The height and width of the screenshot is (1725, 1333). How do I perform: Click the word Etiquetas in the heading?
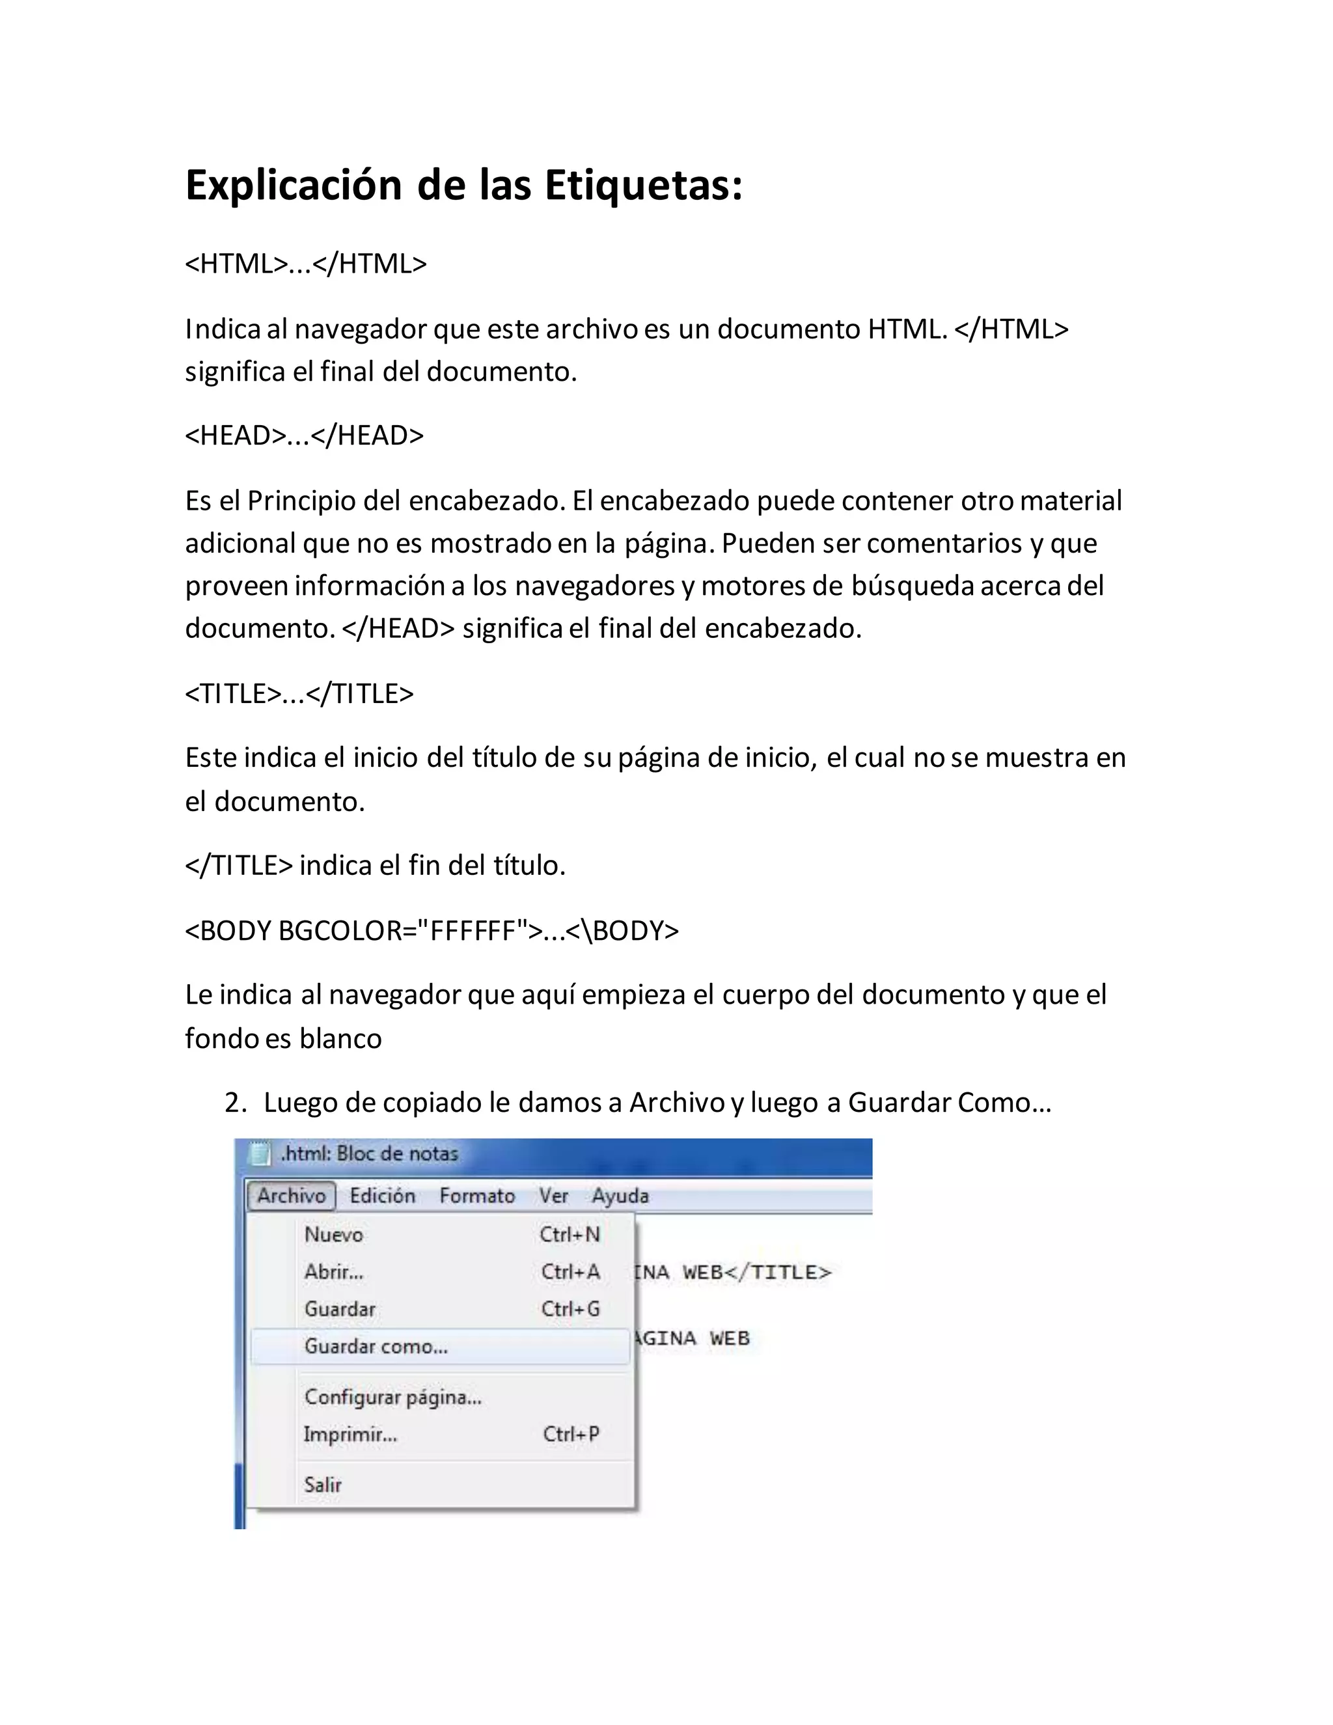pos(643,186)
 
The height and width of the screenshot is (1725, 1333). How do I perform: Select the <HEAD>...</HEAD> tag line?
pos(304,435)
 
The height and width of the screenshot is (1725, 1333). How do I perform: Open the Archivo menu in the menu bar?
pos(290,1196)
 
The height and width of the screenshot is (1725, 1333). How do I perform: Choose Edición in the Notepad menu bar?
pos(382,1196)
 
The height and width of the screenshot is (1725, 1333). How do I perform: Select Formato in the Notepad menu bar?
pos(477,1196)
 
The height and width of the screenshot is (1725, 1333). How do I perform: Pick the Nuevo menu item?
pos(334,1234)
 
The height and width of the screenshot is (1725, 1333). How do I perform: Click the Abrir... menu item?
pos(334,1272)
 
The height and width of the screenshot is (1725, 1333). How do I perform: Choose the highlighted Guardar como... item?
pos(376,1346)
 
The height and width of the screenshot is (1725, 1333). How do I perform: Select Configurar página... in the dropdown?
pos(392,1397)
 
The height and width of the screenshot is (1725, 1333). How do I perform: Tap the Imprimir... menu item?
pos(351,1433)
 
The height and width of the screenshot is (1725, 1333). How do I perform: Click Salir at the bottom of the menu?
pos(323,1484)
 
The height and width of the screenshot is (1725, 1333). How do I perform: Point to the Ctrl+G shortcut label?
pos(570,1309)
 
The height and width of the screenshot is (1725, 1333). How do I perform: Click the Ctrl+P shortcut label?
pos(570,1433)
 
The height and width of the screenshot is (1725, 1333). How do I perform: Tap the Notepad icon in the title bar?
pos(259,1154)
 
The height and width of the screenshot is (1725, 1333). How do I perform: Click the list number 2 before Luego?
pos(234,1103)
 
